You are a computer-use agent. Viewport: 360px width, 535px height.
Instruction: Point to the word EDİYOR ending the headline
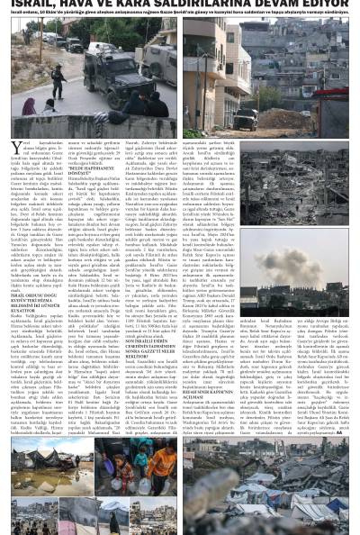338,4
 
